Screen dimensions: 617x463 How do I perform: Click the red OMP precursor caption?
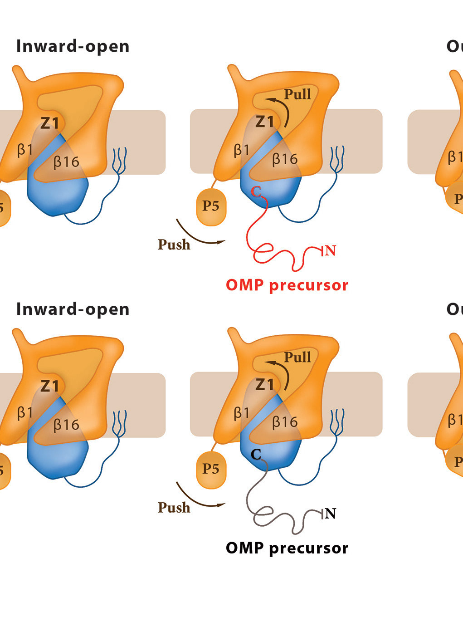287,285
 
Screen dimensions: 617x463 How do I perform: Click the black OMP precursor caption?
287,548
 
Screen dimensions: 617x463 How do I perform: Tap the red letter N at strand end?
330,250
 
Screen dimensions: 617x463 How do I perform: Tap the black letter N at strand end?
330,514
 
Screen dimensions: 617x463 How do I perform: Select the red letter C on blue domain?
256,191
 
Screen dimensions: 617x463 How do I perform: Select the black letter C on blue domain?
256,454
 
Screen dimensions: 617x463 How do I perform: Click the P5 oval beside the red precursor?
211,206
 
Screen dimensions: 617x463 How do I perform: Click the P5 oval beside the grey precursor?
211,469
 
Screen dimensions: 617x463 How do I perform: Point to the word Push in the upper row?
174,245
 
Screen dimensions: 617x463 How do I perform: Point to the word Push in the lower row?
174,507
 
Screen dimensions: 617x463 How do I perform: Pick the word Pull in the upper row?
297,94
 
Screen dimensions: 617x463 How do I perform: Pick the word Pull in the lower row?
297,357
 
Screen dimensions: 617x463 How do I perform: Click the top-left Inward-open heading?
73,46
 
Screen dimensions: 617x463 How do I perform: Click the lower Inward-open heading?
73,309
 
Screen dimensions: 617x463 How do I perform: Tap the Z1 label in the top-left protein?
49,123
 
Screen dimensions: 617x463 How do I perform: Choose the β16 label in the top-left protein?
66,162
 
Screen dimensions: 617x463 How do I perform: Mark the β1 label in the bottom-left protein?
25,412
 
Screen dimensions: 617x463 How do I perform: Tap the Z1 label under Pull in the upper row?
265,122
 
